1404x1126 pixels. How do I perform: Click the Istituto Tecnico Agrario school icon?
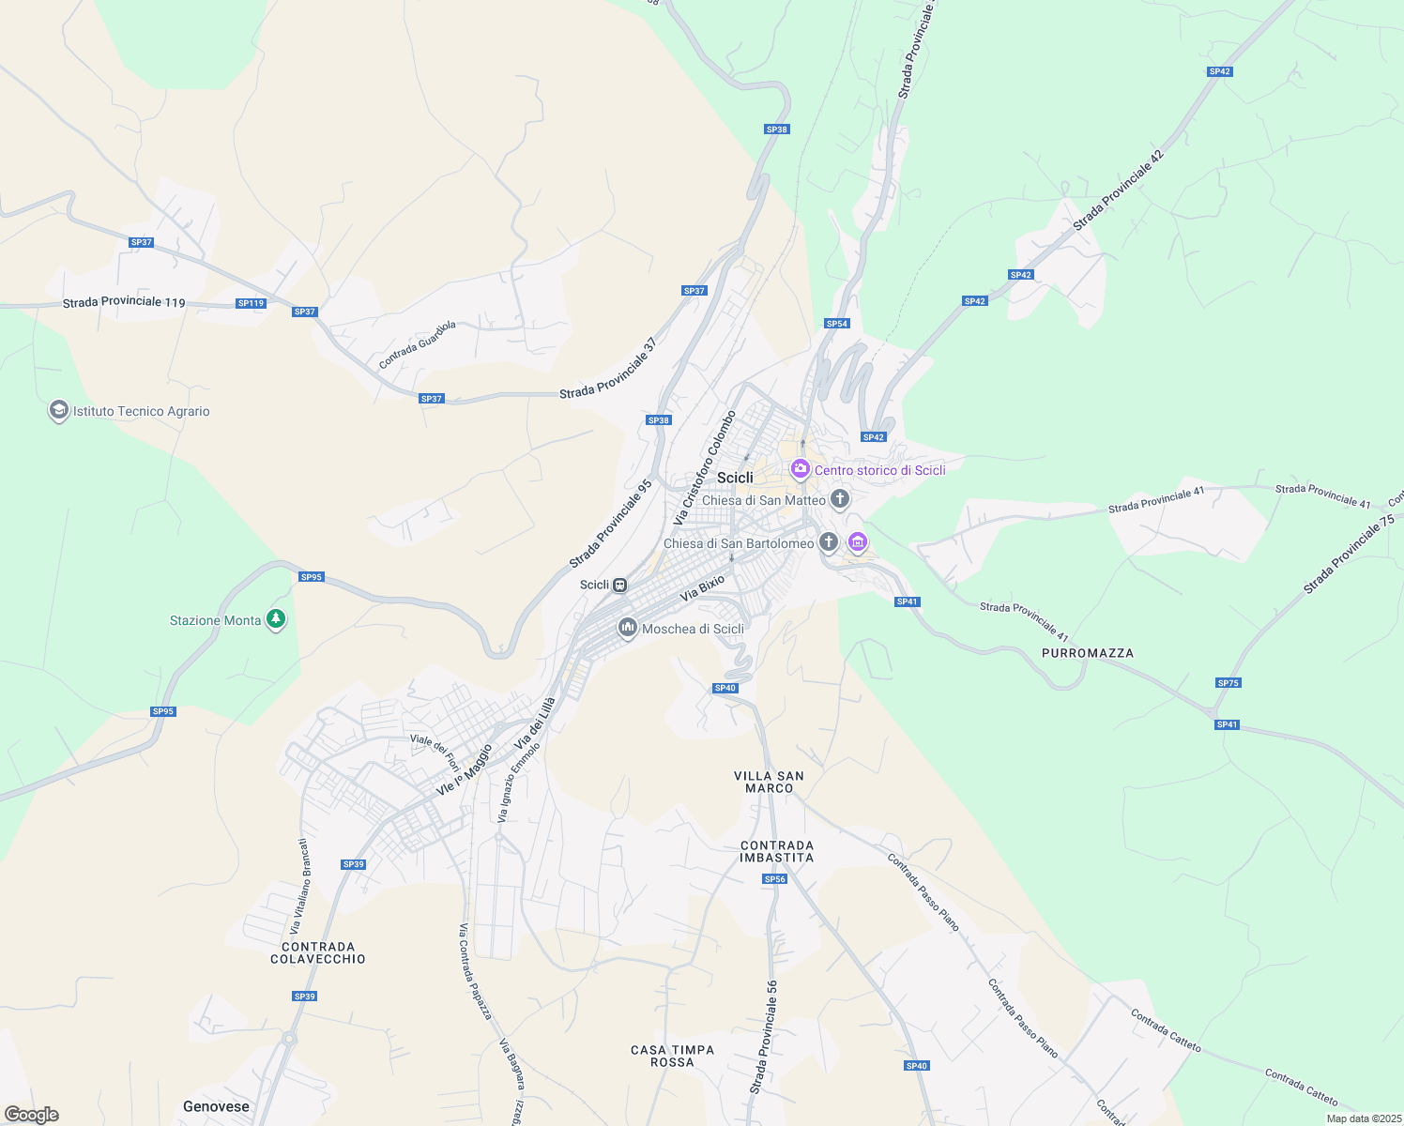tap(59, 411)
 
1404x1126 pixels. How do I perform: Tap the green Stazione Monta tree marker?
tap(275, 619)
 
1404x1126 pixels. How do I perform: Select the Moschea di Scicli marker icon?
tap(627, 628)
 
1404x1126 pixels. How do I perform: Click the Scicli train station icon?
tap(619, 585)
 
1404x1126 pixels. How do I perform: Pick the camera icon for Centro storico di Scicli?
tap(800, 468)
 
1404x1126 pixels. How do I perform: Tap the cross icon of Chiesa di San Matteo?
tap(839, 499)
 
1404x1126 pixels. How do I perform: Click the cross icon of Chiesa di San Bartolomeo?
tap(828, 541)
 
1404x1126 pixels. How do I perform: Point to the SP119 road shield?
tap(251, 303)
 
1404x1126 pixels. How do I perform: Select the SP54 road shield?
tap(836, 324)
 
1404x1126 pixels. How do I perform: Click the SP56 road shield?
tap(774, 879)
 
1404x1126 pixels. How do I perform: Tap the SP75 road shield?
tap(1228, 683)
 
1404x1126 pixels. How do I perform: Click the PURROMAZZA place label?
tap(1087, 653)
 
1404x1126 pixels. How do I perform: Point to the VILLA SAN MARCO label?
tap(769, 782)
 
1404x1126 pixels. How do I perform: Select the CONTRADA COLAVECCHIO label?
tap(318, 952)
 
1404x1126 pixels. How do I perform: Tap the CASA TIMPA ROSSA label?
tap(672, 1056)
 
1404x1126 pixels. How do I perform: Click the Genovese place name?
tap(216, 1106)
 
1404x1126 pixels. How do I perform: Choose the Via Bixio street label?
tap(702, 588)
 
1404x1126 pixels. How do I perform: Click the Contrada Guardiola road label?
tap(417, 344)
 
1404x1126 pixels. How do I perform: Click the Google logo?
tap(32, 1115)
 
